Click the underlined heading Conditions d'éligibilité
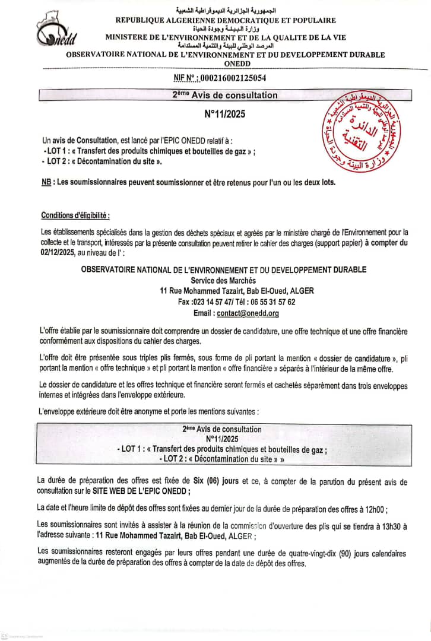pos(75,214)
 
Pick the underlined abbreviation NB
pos(46,182)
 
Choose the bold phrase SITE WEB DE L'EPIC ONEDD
pos(141,491)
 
